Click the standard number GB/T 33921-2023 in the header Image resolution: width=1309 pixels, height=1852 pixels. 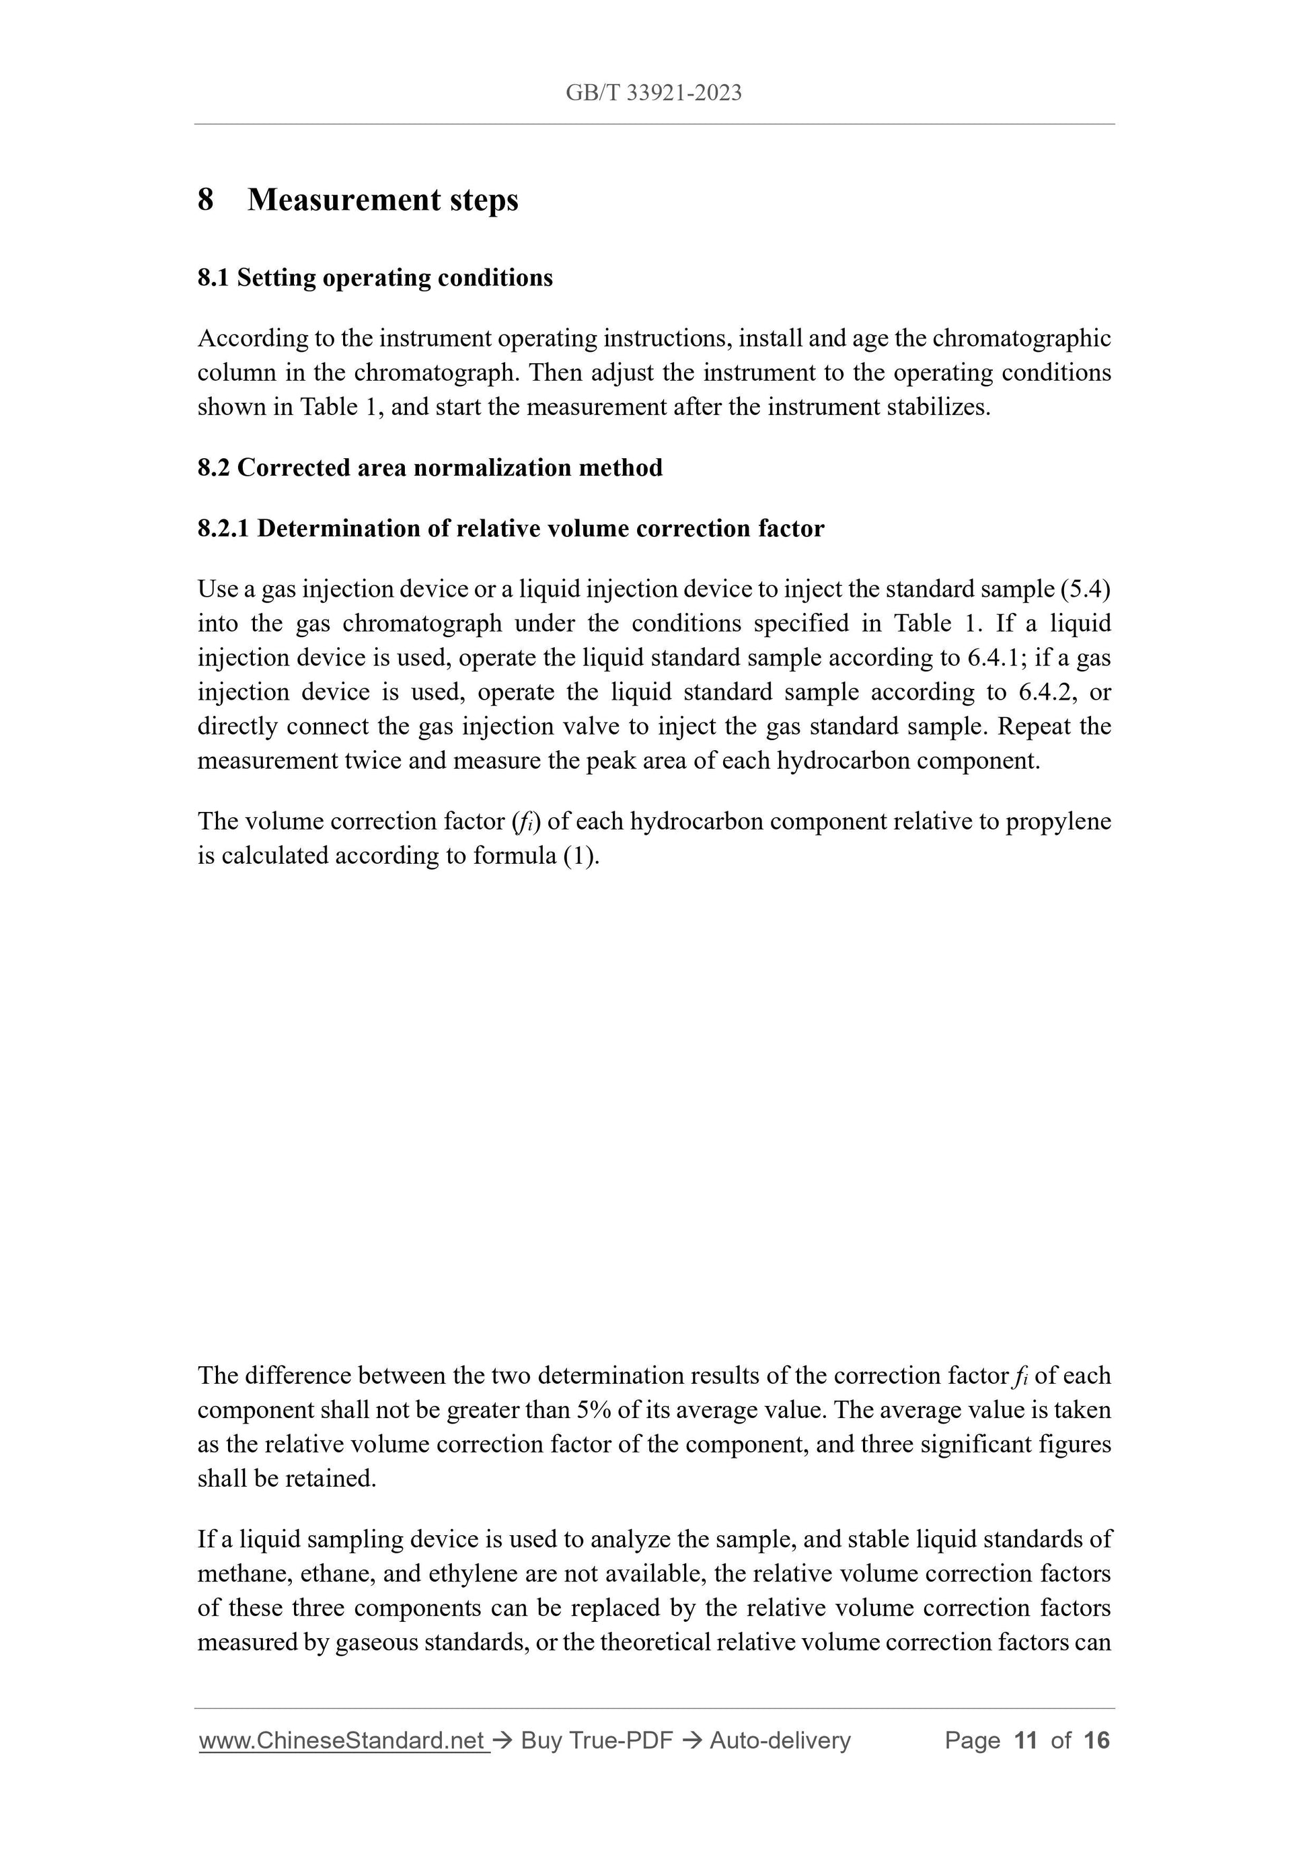(653, 94)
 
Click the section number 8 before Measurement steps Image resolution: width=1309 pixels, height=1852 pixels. (206, 200)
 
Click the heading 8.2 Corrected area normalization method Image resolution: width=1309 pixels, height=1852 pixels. (430, 468)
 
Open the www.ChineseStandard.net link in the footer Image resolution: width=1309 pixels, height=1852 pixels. (343, 1741)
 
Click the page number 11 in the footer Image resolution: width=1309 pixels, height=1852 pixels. (1025, 1741)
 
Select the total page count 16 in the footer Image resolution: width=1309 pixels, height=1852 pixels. (1097, 1741)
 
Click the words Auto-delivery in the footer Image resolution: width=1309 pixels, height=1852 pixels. (780, 1741)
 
